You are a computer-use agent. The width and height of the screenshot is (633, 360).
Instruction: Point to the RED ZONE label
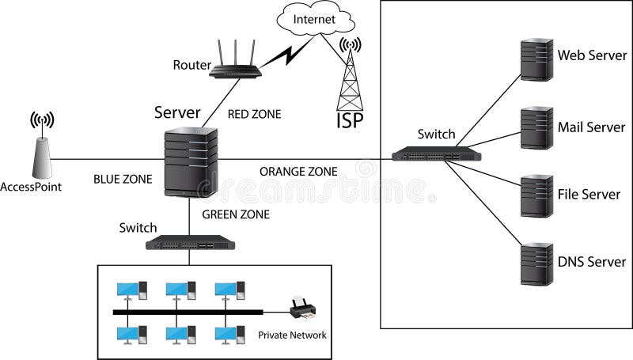tap(254, 114)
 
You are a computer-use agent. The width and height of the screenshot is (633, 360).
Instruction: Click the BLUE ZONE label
tap(122, 179)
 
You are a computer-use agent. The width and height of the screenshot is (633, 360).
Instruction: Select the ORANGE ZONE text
tap(298, 171)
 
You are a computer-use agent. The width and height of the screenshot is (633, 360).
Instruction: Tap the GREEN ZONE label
tap(236, 214)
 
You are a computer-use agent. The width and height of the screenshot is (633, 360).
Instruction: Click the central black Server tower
tap(190, 163)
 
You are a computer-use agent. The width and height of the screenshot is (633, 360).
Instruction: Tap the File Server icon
tap(536, 195)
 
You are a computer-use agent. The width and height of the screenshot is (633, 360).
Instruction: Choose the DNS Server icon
tap(536, 263)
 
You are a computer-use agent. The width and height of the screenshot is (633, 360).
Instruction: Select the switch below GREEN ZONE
tap(192, 244)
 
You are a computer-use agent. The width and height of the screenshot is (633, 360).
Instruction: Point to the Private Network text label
tap(292, 335)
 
